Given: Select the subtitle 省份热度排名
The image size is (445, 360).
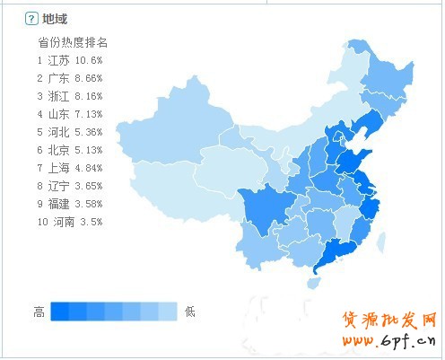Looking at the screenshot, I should pos(73,41).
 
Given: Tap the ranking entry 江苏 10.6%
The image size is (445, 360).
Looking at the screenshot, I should pos(70,60).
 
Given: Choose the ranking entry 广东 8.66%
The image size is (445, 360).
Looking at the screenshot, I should pos(70,78).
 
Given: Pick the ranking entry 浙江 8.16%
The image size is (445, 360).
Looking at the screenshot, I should pos(70,96).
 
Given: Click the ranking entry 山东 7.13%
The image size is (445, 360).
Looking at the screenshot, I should pos(70,114).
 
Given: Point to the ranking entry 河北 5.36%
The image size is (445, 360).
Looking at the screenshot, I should pos(70,132).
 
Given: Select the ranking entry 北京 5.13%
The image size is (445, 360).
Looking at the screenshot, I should pos(70,150).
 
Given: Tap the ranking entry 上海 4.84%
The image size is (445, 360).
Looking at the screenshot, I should pos(70,168).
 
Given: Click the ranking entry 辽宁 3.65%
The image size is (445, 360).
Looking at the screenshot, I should pos(70,186).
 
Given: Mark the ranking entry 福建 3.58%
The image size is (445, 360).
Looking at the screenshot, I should pos(70,204).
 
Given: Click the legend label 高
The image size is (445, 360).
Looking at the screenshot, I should pos(39,312).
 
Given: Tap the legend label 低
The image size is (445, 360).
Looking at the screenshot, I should pos(189,312).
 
